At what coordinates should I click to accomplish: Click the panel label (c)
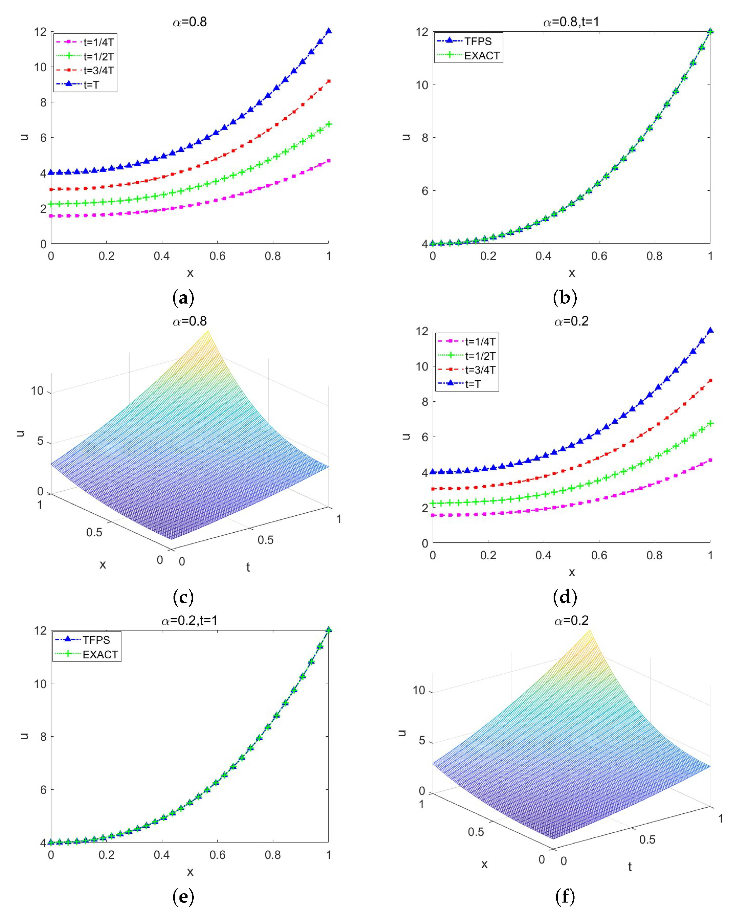click(183, 598)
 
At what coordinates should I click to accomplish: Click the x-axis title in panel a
click(190, 273)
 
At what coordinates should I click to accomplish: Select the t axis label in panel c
click(248, 567)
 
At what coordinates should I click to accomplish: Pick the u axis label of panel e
click(24, 736)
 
